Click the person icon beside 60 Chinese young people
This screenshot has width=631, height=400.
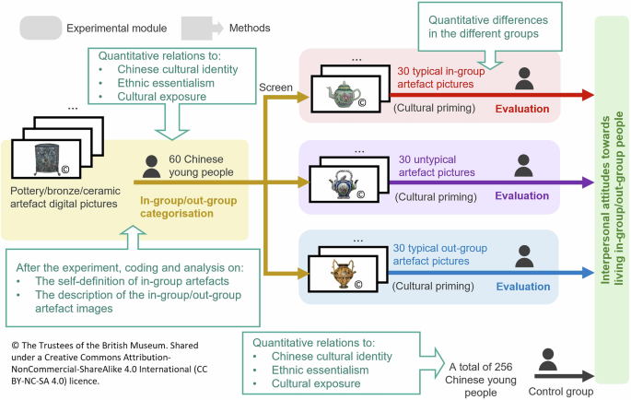coord(152,166)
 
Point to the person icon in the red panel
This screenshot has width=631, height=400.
coord(523,79)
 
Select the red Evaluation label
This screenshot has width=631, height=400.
coord(522,109)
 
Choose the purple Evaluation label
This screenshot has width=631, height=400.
coord(522,195)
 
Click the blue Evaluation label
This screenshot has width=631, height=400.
coord(522,286)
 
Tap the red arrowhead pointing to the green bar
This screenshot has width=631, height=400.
coord(589,94)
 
